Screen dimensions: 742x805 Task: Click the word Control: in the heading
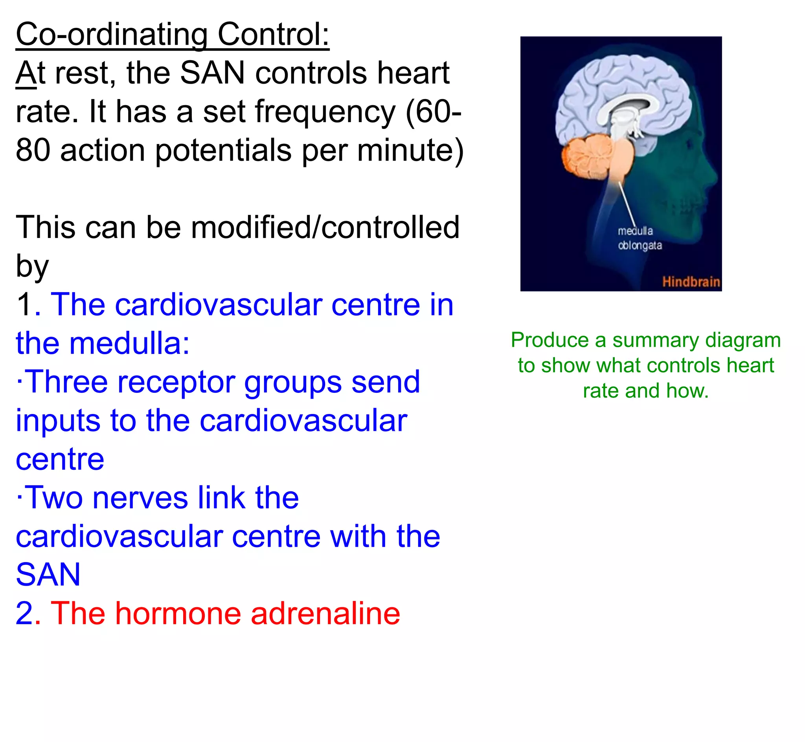tap(273, 35)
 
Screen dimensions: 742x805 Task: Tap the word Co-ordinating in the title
tap(112, 35)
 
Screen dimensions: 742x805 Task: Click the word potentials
tap(223, 150)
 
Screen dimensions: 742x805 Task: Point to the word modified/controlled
tap(325, 227)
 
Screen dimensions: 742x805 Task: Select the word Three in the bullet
tap(68, 382)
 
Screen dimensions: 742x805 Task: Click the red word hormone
tap(178, 613)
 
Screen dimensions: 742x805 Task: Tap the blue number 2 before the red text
tap(24, 613)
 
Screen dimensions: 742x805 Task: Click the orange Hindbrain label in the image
tap(691, 282)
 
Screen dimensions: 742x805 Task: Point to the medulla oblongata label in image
tap(640, 238)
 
